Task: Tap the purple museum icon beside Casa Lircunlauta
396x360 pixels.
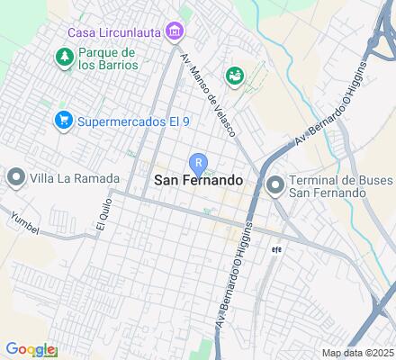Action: [x=175, y=33]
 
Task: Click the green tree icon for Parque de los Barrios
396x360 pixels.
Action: [x=64, y=58]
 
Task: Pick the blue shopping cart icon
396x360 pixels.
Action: [x=63, y=119]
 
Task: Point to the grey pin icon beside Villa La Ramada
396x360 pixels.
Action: [x=15, y=178]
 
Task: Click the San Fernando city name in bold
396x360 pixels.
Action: [x=198, y=180]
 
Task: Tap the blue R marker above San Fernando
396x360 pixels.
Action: [x=198, y=162]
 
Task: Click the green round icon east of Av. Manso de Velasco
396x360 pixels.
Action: [x=235, y=76]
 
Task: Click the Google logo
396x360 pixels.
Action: [x=30, y=349]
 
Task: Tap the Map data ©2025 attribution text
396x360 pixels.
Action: [x=357, y=353]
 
